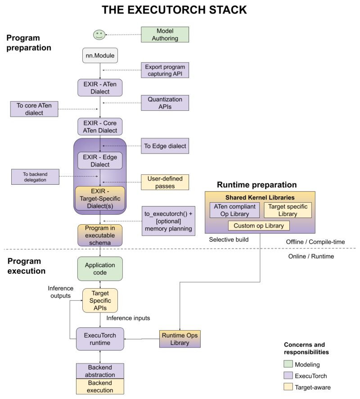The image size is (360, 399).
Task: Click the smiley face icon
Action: point(99,34)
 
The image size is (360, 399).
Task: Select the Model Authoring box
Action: point(165,35)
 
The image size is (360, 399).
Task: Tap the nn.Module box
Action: point(100,56)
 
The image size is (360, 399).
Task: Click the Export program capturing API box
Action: point(165,70)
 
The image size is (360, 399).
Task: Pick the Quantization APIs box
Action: point(165,102)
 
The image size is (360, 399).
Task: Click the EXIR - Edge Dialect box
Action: point(100,161)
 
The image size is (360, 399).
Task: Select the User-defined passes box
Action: point(165,181)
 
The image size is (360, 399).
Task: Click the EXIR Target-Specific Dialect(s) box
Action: point(100,199)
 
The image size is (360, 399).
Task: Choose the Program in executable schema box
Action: point(100,236)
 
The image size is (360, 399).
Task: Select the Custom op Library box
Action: point(259,226)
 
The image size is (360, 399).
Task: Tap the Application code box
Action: point(100,269)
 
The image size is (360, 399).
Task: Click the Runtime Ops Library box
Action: point(180,339)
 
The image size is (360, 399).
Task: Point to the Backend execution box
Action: point(100,386)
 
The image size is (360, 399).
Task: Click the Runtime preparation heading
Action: point(256,185)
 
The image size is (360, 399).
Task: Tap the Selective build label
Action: point(228,240)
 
